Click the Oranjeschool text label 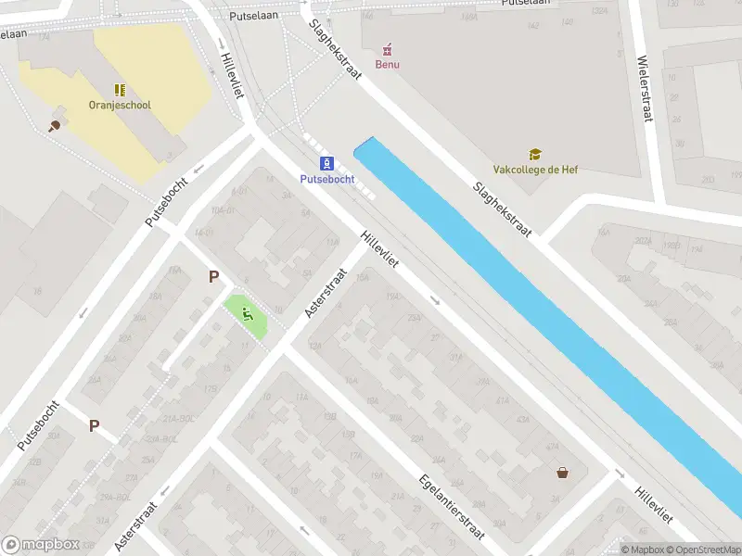pos(120,105)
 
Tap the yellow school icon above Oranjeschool pos(120,90)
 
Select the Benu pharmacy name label pos(387,64)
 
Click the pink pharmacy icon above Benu pos(387,48)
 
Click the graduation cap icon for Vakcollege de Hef pos(535,155)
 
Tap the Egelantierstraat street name pos(453,505)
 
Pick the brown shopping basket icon pos(562,473)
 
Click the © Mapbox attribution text pos(641,550)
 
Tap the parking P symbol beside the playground pos(214,276)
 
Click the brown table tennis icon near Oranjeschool pos(55,124)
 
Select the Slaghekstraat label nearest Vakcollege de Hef pos(501,208)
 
